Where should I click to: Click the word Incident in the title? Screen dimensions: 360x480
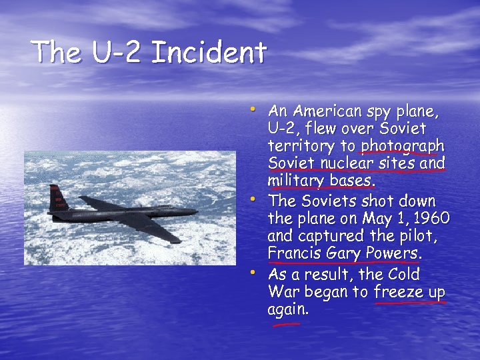click(209, 52)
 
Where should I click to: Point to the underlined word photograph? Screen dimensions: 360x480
click(403, 146)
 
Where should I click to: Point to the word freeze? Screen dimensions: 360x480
click(397, 292)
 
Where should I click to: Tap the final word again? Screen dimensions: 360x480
click(288, 310)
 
